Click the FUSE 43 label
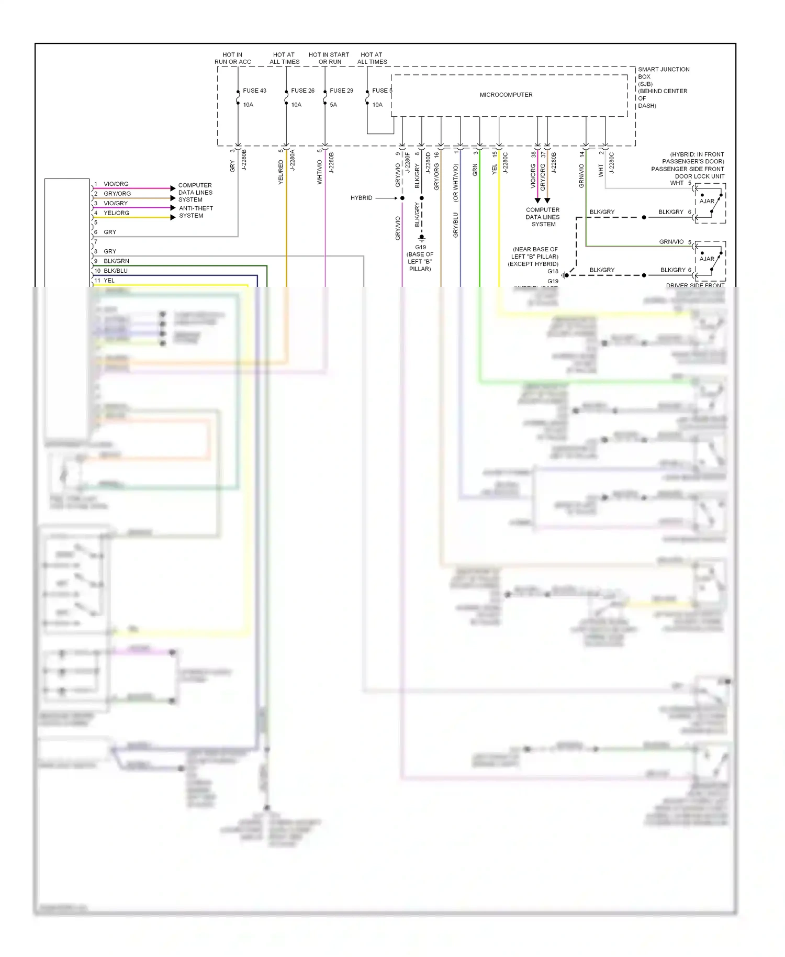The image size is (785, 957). pos(254,91)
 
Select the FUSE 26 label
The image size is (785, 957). pos(302,91)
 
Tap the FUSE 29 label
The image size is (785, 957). pos(341,91)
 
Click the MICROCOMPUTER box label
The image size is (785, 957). pos(506,95)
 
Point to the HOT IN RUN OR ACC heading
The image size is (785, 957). pos(232,58)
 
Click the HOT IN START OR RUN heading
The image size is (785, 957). pos(329,58)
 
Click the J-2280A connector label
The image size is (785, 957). pos(293,160)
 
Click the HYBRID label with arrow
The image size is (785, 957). pos(361,198)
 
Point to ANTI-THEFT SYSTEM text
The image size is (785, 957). pos(196,212)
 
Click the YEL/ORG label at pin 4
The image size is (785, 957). pos(116,213)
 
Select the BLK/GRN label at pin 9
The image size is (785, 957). pos(116,261)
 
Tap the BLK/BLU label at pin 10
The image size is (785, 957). pos(116,271)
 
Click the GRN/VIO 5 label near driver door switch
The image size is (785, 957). pos(675,242)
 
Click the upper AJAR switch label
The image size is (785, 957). pos(706,201)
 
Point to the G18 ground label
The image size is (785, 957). pos(553,271)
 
